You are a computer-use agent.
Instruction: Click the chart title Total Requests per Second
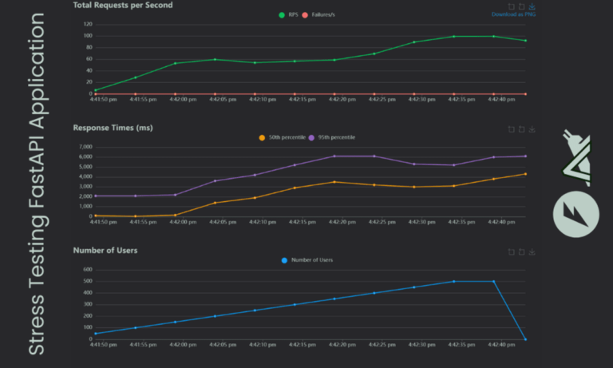pyautogui.click(x=122, y=6)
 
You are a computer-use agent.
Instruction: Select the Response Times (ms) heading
pyautogui.click(x=113, y=128)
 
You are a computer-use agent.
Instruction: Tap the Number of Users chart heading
pyautogui.click(x=105, y=251)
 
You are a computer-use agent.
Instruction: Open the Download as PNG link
pyautogui.click(x=513, y=14)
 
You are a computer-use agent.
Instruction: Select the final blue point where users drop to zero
pyautogui.click(x=525, y=339)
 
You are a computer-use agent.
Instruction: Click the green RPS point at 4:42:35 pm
pyautogui.click(x=453, y=37)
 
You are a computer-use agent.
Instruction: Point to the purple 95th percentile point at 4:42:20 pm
pyautogui.click(x=334, y=156)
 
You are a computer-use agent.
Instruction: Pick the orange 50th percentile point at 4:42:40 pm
pyautogui.click(x=493, y=179)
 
